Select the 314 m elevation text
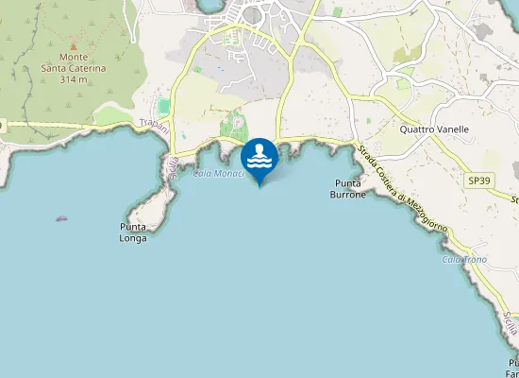75,79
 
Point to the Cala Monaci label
219,173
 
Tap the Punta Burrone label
347,188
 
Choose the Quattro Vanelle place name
434,129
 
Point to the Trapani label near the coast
153,124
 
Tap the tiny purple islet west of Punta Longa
61,218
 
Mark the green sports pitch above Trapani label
164,106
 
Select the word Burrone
347,194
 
